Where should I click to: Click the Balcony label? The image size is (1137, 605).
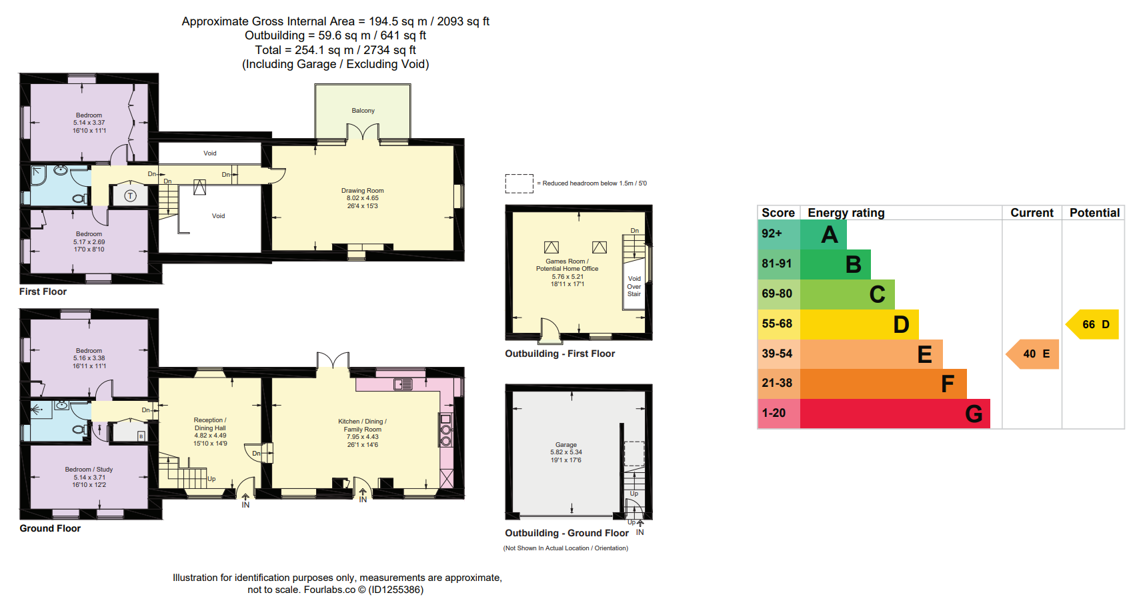pos(363,111)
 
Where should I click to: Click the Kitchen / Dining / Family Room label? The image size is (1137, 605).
pos(362,426)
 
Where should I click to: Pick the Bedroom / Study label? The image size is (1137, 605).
pos(89,470)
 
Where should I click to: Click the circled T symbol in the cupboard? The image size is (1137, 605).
pos(131,195)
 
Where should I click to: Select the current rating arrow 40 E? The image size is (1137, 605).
pos(1032,354)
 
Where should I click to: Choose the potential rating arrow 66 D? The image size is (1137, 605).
pos(1092,324)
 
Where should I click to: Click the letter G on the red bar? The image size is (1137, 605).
pos(974,414)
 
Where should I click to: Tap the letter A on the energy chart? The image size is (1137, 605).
pos(830,235)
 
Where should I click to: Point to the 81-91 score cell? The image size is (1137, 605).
pos(777,264)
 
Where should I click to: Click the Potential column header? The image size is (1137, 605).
pos(1094,213)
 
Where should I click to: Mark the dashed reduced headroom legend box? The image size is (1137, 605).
pos(519,183)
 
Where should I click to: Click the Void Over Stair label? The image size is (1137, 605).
pos(634,286)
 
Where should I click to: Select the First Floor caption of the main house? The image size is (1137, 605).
pos(43,291)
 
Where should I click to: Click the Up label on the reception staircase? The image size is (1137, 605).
pos(211,479)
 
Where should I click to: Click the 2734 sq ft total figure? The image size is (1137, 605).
pos(390,50)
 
